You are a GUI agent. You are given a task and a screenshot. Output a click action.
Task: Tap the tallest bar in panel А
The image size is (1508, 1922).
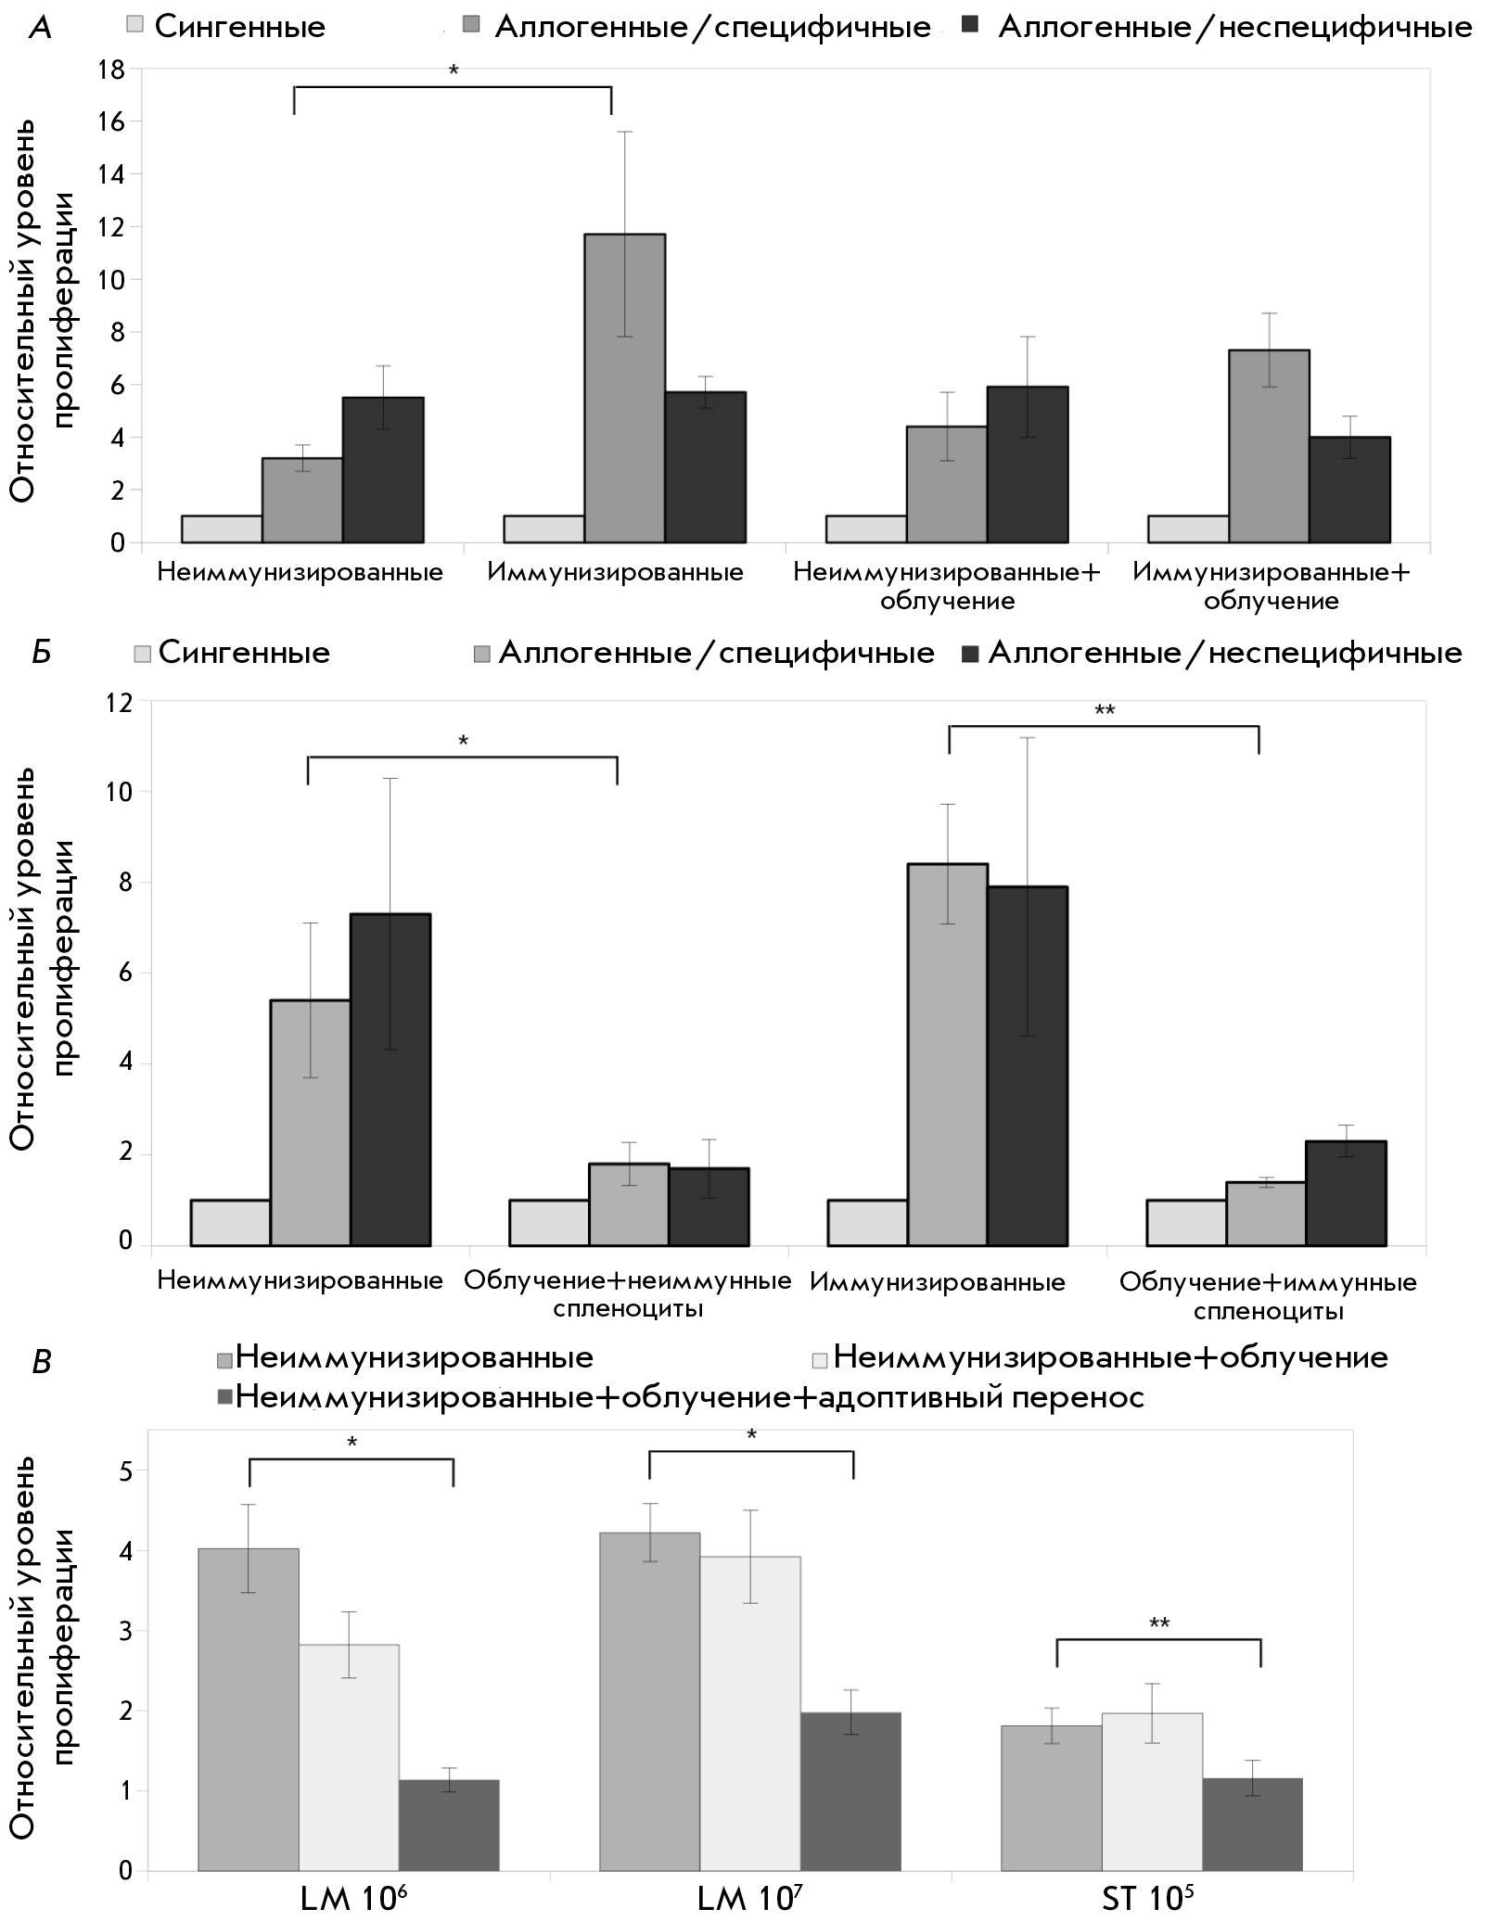624,388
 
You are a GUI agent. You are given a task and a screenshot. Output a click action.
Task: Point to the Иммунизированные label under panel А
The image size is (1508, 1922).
616,572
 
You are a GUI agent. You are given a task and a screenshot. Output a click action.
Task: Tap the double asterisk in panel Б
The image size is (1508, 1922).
1104,711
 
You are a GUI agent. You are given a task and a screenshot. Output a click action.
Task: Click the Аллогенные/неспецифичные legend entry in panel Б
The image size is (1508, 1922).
1212,653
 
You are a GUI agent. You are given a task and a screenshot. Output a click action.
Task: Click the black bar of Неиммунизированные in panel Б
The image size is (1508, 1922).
390,1079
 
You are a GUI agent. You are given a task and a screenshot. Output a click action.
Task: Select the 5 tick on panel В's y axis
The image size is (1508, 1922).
126,1470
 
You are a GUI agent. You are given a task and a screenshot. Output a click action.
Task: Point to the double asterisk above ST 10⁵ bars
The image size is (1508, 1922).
1159,1623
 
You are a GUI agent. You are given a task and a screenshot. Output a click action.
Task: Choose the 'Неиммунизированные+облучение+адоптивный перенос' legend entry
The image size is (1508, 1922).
681,1396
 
